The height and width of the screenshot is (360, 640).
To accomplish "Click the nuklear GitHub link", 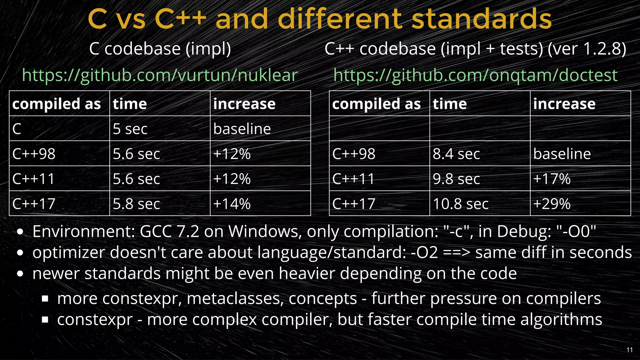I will pos(160,75).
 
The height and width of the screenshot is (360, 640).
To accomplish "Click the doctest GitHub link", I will pos(475,75).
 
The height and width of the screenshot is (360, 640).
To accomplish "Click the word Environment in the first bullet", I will pos(83,232).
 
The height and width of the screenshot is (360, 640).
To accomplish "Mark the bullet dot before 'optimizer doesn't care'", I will pos(20,253).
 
